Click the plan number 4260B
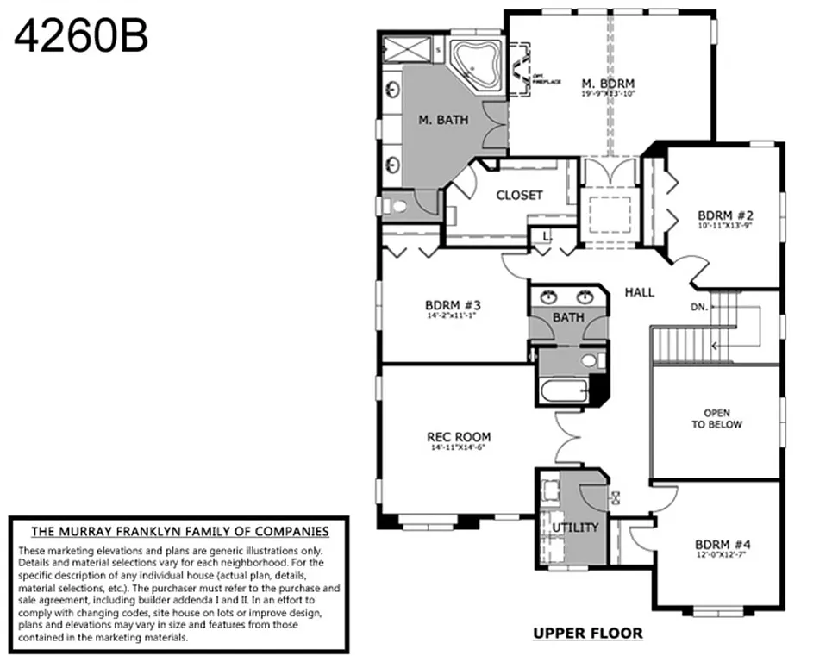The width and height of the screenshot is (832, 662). click(81, 35)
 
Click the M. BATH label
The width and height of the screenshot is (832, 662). click(443, 120)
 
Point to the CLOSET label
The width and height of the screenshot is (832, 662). click(519, 195)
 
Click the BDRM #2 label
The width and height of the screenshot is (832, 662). click(726, 215)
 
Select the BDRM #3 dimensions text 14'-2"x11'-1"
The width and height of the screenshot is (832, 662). click(452, 315)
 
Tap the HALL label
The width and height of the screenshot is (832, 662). click(639, 292)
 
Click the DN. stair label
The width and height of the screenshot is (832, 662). click(699, 307)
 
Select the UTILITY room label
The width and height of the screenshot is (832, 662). click(575, 527)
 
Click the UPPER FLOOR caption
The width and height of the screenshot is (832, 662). click(587, 634)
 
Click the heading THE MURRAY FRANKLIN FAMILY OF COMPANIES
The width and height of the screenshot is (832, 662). click(179, 531)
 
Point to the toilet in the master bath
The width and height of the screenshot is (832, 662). click(398, 206)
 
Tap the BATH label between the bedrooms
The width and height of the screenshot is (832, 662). click(568, 317)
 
